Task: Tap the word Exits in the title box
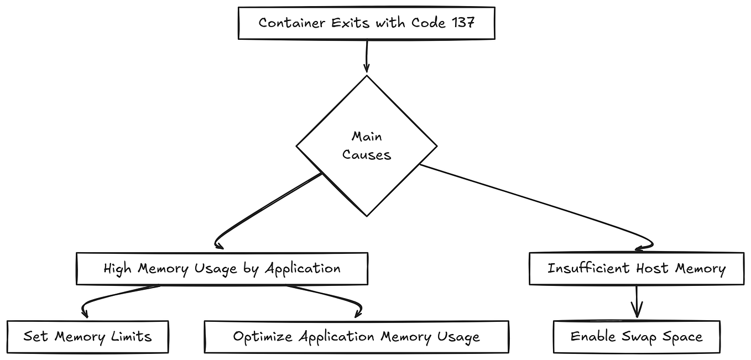pyautogui.click(x=351, y=23)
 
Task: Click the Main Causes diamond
pyautogui.click(x=367, y=146)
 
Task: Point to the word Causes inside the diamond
pyautogui.click(x=367, y=155)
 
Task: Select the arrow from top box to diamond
pyautogui.click(x=367, y=56)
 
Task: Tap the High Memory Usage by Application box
pyautogui.click(x=222, y=269)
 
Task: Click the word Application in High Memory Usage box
pyautogui.click(x=303, y=269)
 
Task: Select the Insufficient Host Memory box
pyautogui.click(x=637, y=269)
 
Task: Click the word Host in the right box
pyautogui.click(x=652, y=269)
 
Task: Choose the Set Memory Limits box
pyautogui.click(x=88, y=337)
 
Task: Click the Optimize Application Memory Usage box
pyautogui.click(x=356, y=337)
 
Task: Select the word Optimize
pyautogui.click(x=263, y=337)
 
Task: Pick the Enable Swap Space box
pyautogui.click(x=637, y=337)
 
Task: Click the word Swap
pyautogui.click(x=639, y=337)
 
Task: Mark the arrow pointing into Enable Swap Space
pyautogui.click(x=637, y=302)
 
